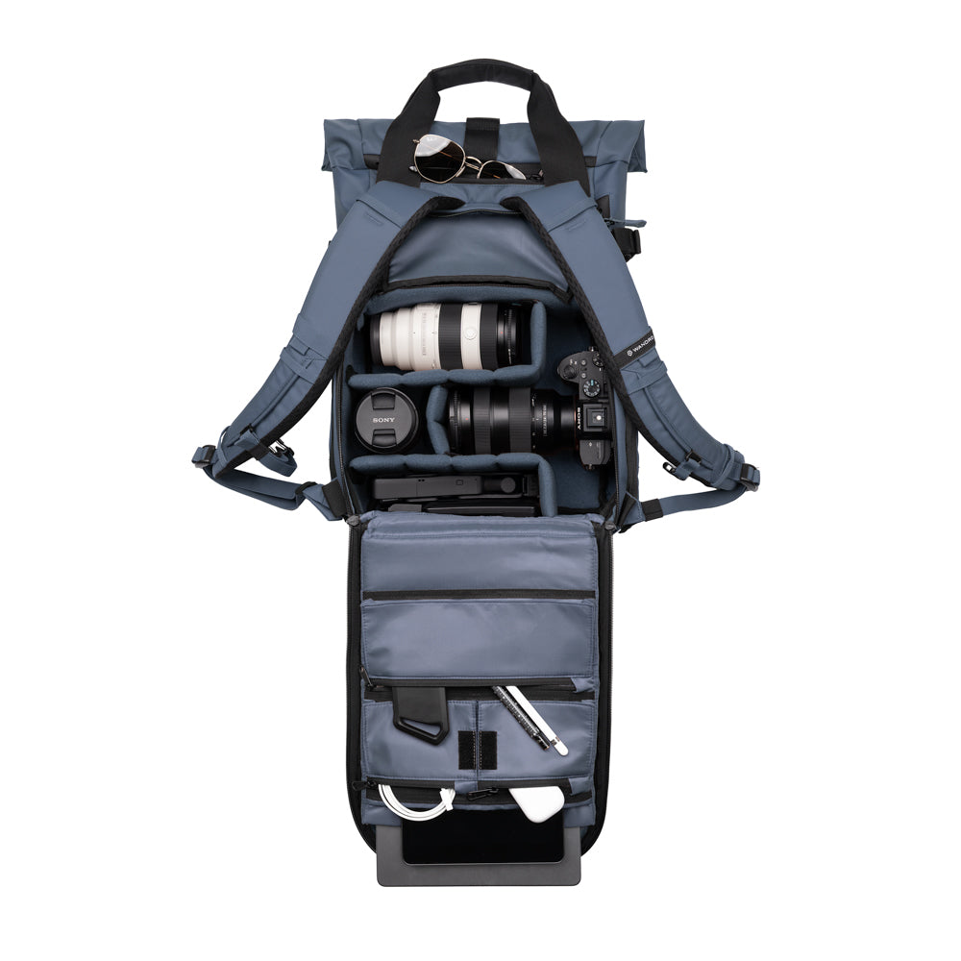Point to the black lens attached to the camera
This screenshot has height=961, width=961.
pos(500,418)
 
